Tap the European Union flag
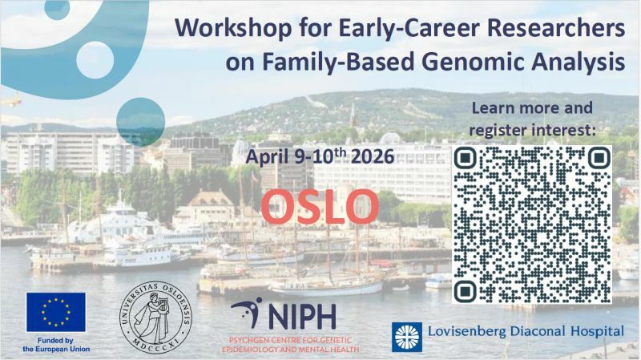pos(55,312)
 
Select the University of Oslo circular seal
pos(155,316)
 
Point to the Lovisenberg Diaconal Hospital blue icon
pos(406,337)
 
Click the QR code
pos(533,225)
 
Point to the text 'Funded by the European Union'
pos(56,345)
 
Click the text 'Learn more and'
pos(532,107)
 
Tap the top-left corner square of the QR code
pos(467,159)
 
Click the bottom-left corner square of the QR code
pos(467,290)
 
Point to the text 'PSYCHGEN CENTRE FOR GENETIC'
pos(291,339)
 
